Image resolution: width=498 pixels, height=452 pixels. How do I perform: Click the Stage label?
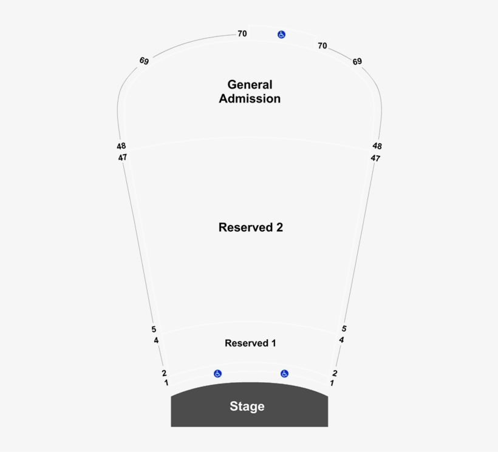click(247, 406)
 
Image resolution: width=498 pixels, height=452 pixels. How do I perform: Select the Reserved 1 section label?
click(250, 343)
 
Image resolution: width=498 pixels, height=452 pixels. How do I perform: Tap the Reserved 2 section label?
click(251, 228)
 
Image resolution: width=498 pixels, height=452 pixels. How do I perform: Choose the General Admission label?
click(250, 92)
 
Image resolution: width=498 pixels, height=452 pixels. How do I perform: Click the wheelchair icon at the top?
click(281, 35)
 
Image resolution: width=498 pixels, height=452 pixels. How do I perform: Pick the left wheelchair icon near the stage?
click(217, 374)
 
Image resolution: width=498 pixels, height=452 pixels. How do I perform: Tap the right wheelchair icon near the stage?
click(284, 374)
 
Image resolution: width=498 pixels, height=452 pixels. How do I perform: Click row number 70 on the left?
click(242, 34)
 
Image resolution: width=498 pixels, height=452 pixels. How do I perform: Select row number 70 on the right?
click(322, 46)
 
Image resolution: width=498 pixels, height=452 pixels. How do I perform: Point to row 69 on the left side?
click(144, 61)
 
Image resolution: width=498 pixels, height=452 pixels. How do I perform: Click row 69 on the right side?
click(357, 61)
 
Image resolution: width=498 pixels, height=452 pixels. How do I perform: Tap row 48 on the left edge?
click(121, 146)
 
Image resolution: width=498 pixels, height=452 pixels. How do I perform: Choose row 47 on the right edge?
click(375, 158)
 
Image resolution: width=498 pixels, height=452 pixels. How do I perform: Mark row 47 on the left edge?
click(123, 158)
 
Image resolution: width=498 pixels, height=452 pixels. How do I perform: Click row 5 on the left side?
click(154, 329)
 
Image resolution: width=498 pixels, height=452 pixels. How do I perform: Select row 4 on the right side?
click(341, 340)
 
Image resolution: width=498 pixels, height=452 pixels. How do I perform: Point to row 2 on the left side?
click(164, 373)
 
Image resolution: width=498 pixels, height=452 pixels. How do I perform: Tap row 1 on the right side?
click(332, 383)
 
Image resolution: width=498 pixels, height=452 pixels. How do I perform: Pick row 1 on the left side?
click(166, 383)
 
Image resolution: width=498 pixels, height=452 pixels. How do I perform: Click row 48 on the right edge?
click(377, 146)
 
